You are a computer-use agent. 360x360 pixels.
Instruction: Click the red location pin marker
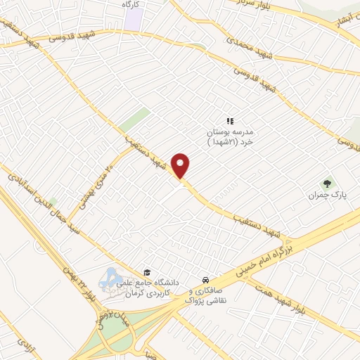pos(181,165)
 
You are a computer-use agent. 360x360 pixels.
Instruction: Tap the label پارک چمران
pos(324,195)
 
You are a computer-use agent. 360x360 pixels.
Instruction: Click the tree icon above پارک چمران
pos(325,183)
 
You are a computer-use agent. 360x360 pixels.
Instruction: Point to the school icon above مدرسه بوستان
pos(229,121)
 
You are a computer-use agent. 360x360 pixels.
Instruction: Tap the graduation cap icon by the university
pos(147,273)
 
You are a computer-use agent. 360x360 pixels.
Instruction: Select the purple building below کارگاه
pos(133,19)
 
